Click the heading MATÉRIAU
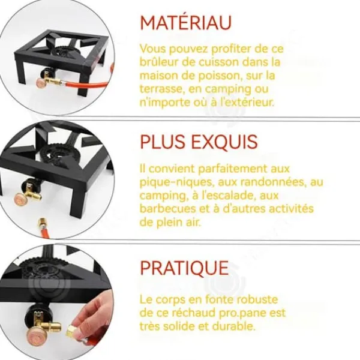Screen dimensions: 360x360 coord(186,22)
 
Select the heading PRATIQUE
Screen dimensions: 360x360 coord(184,268)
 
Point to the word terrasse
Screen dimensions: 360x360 coord(163,89)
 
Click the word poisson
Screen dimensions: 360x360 coord(220,76)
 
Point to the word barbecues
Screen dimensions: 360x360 coord(167,209)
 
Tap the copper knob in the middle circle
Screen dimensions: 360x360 coord(22,199)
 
